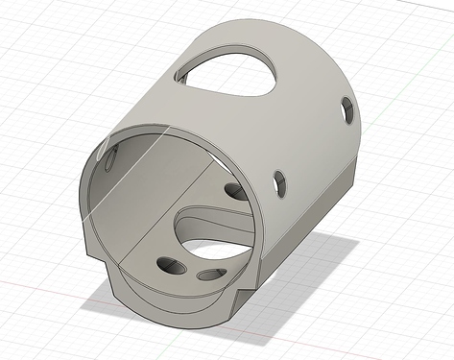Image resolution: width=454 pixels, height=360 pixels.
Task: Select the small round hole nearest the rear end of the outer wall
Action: point(346,111)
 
